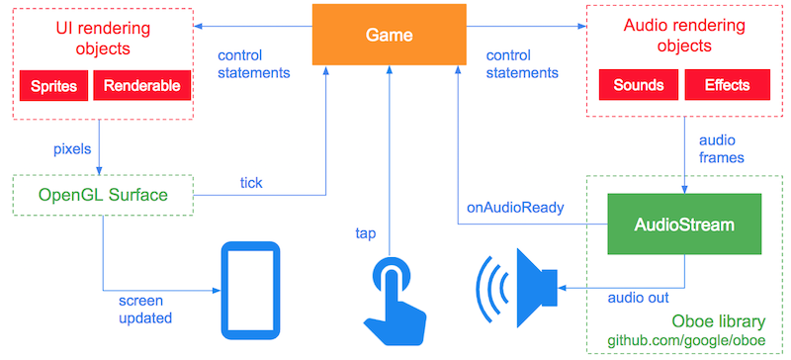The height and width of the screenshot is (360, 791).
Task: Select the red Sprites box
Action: (53, 86)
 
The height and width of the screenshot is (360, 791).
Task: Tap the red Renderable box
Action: (139, 86)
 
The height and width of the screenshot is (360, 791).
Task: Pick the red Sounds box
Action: (638, 86)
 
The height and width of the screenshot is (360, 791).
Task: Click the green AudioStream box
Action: (684, 225)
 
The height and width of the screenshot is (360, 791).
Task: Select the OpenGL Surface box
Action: (101, 194)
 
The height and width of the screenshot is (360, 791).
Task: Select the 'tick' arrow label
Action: (251, 182)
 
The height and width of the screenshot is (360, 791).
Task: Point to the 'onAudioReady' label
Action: (515, 208)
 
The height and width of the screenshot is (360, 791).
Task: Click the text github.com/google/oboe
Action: (693, 342)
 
